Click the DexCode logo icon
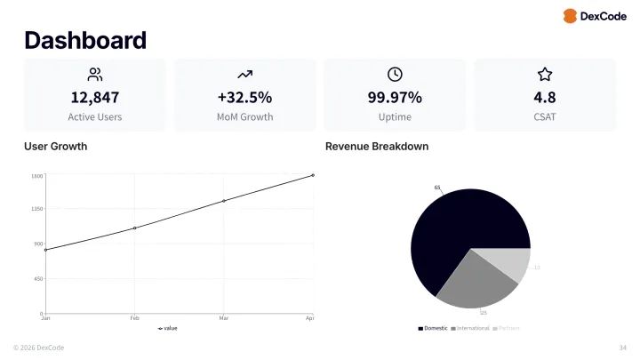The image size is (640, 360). coord(570,16)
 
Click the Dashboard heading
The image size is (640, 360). coord(85,40)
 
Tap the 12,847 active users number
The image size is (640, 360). coord(95,98)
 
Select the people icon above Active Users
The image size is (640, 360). coord(95,75)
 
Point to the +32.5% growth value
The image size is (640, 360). coord(244,98)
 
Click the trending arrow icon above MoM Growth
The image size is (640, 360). coord(245,75)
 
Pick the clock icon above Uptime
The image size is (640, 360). coord(395,75)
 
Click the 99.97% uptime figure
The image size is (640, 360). coord(395,98)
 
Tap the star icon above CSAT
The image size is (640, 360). coord(545,75)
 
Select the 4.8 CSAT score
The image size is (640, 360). coord(545,98)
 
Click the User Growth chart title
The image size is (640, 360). coord(55,146)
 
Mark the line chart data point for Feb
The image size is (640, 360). coord(134,228)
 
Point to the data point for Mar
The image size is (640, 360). coord(224,201)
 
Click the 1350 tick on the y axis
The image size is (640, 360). coord(36,209)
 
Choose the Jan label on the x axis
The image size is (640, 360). coord(45,318)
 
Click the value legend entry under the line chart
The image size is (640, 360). coord(168,328)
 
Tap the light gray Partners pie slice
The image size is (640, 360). coord(514,264)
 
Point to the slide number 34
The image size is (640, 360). coord(622,347)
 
